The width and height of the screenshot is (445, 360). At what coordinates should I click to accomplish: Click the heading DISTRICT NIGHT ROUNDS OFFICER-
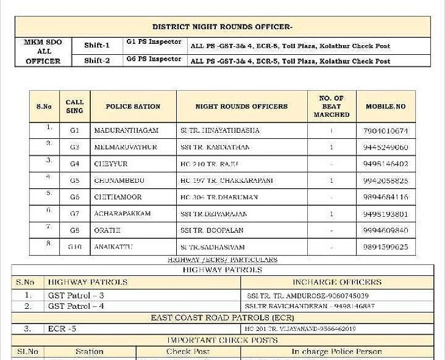[222, 27]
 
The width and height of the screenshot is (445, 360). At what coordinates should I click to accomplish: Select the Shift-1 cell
[97, 45]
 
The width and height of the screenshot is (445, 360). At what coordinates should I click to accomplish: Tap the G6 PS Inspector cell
[154, 59]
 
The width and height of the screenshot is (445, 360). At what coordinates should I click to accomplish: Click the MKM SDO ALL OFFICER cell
[43, 52]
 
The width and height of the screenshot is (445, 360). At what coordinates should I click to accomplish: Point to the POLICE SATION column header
[133, 107]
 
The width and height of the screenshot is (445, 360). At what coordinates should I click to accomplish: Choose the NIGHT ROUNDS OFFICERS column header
[241, 107]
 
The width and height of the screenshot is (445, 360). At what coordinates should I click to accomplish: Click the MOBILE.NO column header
[385, 107]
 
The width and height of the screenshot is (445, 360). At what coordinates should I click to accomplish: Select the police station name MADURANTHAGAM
[126, 131]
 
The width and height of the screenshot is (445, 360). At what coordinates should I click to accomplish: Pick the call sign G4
[75, 164]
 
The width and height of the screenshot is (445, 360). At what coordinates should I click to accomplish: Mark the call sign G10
[75, 247]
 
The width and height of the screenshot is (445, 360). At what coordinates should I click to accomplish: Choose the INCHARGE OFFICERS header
[336, 282]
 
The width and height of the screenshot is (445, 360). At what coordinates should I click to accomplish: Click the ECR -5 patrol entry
[62, 329]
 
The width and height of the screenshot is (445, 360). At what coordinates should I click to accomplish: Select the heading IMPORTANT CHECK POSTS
[222, 340]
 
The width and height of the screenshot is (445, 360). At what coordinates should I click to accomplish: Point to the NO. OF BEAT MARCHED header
[331, 107]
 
